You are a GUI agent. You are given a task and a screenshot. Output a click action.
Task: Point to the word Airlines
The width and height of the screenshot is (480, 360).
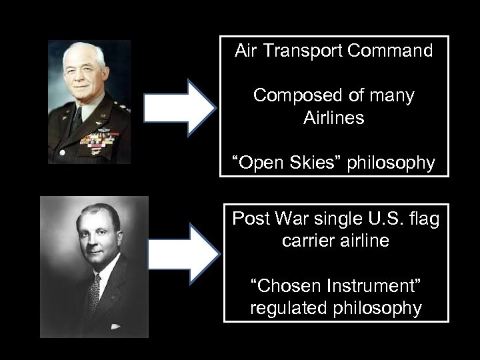tap(334, 119)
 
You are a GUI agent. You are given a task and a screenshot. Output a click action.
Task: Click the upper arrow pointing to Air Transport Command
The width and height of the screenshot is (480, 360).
tap(179, 107)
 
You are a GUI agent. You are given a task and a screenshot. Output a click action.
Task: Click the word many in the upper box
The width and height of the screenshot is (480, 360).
tap(393, 97)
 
